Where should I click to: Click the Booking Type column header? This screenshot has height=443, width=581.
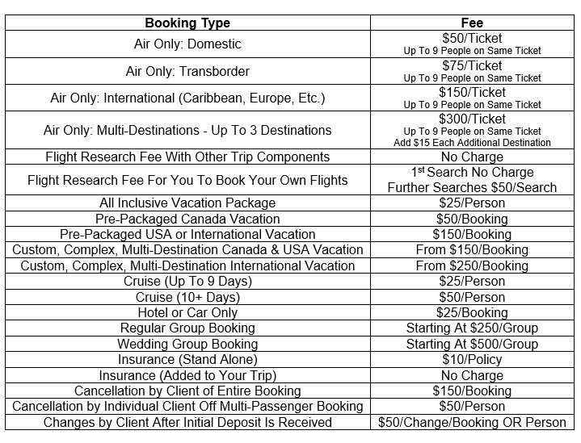pyautogui.click(x=187, y=23)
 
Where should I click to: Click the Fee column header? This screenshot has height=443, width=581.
pyautogui.click(x=472, y=23)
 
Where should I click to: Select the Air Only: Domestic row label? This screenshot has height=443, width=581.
pyautogui.click(x=187, y=44)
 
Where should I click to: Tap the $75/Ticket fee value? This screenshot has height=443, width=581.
pyautogui.click(x=472, y=65)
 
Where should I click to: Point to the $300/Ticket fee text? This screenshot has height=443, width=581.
pyautogui.click(x=472, y=118)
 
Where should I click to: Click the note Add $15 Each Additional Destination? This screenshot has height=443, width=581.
pyautogui.click(x=472, y=143)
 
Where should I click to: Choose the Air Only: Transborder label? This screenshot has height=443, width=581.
pyautogui.click(x=187, y=71)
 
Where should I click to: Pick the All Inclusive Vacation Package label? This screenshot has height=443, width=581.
pyautogui.click(x=187, y=203)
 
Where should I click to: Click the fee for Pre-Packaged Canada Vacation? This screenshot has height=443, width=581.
pyautogui.click(x=472, y=219)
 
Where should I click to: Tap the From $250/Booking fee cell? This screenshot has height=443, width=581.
pyautogui.click(x=472, y=265)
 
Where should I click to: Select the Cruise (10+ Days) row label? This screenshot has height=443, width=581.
pyautogui.click(x=187, y=297)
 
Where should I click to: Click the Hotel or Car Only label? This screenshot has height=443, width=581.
pyautogui.click(x=187, y=312)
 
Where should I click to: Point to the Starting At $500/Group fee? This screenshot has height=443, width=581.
pyautogui.click(x=472, y=344)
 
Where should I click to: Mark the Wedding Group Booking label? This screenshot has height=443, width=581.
pyautogui.click(x=187, y=344)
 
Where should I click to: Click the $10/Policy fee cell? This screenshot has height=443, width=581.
pyautogui.click(x=472, y=359)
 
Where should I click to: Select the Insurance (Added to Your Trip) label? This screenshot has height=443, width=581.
pyautogui.click(x=187, y=375)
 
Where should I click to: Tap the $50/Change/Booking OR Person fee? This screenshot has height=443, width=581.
pyautogui.click(x=472, y=422)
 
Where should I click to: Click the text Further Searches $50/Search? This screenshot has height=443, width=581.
pyautogui.click(x=472, y=187)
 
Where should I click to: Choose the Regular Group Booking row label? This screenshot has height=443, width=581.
pyautogui.click(x=187, y=328)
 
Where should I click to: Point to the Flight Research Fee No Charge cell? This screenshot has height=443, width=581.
pyautogui.click(x=472, y=157)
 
